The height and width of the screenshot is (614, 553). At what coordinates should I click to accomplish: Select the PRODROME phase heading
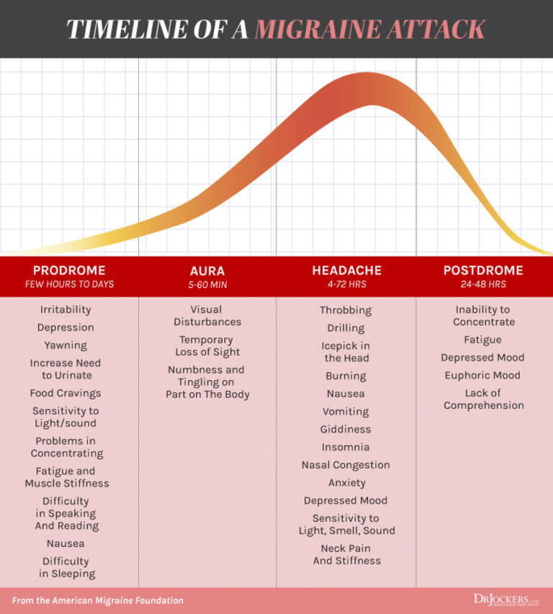(69, 271)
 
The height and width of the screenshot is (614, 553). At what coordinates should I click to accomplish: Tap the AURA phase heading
(207, 271)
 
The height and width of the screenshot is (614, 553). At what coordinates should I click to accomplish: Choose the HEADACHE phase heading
(346, 271)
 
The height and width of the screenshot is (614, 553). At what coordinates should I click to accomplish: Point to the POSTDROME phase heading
(483, 271)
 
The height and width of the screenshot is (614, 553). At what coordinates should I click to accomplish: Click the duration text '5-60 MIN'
(207, 284)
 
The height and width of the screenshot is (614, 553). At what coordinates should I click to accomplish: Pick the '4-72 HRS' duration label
(346, 284)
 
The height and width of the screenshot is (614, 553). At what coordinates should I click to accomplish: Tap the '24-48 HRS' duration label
(483, 284)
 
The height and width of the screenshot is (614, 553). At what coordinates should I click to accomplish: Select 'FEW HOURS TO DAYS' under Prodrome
(69, 284)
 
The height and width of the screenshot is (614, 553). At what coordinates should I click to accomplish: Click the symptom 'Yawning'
(66, 345)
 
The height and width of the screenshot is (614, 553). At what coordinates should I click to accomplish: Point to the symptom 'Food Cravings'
(66, 393)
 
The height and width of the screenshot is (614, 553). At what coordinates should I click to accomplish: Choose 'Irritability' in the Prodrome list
(66, 310)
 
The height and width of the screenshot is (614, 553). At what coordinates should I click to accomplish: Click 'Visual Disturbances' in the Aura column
(207, 315)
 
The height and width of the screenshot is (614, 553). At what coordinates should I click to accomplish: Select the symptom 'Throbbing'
(346, 310)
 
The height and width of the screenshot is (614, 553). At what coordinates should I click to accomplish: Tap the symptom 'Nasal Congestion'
(346, 465)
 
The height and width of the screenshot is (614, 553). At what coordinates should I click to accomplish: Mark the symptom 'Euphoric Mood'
(483, 375)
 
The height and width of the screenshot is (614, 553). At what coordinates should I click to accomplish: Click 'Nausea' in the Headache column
(346, 394)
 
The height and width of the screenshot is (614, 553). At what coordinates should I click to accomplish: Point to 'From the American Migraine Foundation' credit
(97, 600)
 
